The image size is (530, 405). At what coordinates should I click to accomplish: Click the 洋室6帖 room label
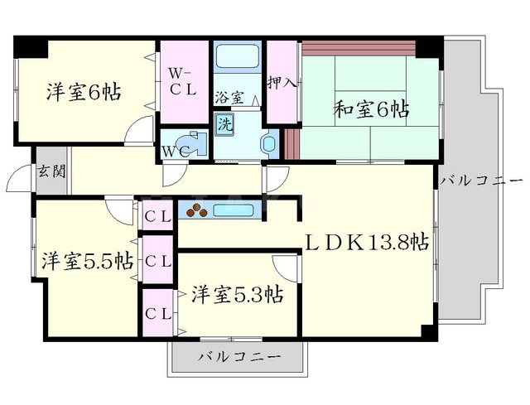click(83, 92)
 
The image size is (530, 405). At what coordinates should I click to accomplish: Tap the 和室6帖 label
click(372, 108)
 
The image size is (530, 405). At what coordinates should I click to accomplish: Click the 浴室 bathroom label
click(229, 98)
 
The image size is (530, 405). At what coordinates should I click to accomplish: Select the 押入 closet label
click(282, 83)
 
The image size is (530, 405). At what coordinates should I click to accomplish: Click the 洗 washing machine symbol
click(224, 125)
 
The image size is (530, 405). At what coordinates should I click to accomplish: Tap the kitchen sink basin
click(234, 210)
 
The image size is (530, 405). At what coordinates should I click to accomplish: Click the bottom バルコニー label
click(240, 357)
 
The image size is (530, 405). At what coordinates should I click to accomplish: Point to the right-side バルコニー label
click(483, 181)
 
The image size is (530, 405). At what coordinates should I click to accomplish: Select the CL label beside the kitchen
click(158, 217)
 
